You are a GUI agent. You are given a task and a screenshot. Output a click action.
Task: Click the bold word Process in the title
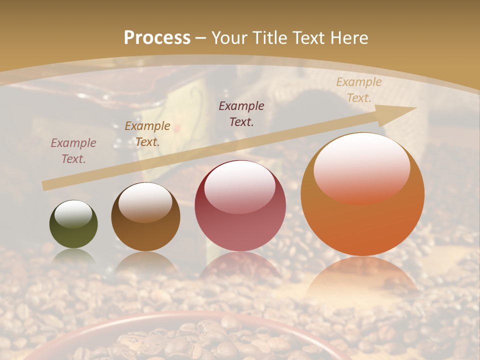pyautogui.click(x=157, y=38)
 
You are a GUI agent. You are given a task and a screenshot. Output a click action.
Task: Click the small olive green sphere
pyautogui.click(x=73, y=230)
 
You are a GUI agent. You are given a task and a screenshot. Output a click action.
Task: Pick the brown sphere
pyautogui.click(x=145, y=225)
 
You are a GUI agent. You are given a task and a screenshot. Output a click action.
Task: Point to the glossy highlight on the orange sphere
pyautogui.click(x=361, y=167)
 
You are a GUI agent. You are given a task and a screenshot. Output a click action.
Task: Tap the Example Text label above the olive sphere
pyautogui.click(x=73, y=151)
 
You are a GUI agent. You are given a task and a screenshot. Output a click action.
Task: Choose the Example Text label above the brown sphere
pyautogui.click(x=147, y=134)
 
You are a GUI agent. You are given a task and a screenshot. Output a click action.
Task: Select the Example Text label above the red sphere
pyautogui.click(x=241, y=113)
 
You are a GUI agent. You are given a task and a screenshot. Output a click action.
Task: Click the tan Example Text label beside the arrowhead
pyautogui.click(x=359, y=90)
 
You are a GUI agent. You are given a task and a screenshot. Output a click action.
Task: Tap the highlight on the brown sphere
pyautogui.click(x=145, y=201)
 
